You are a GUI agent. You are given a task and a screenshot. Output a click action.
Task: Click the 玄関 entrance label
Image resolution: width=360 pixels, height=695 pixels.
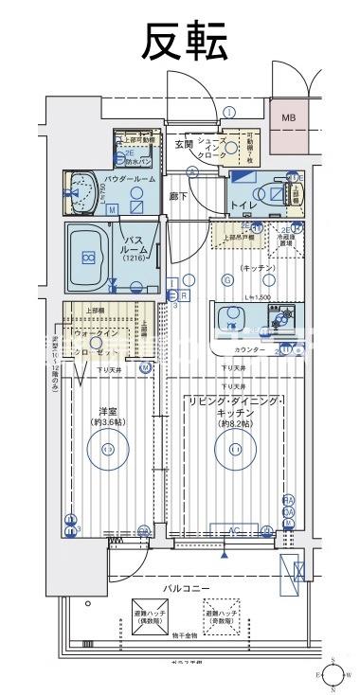tap(185, 144)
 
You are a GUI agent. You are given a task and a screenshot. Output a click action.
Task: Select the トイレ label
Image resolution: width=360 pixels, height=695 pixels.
tap(244, 204)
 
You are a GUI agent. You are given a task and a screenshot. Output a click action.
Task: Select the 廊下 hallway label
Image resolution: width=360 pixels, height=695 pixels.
tap(177, 196)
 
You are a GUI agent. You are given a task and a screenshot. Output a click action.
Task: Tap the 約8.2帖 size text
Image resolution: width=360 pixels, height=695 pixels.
tap(233, 424)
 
